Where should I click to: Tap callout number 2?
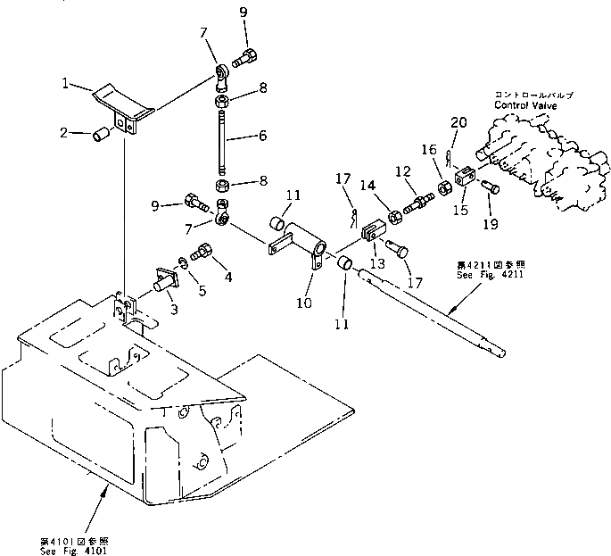tap(64, 133)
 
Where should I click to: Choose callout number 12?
tap(404, 170)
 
